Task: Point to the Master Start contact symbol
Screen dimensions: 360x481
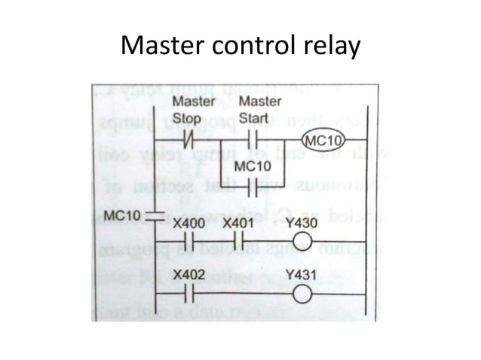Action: (254, 141)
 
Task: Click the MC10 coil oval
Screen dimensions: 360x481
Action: (323, 142)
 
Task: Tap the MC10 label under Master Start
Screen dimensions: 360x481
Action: (251, 166)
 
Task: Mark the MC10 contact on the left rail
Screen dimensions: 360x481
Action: (154, 215)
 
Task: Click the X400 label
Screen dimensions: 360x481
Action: (188, 224)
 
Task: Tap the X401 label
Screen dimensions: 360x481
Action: (239, 224)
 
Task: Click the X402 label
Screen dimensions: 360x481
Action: (188, 276)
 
